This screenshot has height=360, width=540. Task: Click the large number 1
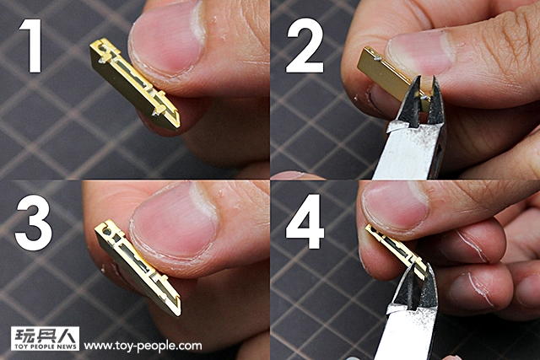pos(32,46)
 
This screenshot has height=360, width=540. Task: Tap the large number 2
pos(305,46)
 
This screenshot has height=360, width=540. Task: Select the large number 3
pos(34,223)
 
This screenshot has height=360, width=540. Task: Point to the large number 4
pos(305,221)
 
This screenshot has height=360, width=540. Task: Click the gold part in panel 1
pos(134,84)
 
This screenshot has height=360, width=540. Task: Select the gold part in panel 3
pos(138,266)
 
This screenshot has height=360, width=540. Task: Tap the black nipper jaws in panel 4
pos(415,287)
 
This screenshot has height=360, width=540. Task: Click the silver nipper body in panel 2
pos(408,153)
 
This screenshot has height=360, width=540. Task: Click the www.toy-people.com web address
pos(143,345)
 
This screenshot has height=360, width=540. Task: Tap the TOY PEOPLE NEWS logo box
pos(45,338)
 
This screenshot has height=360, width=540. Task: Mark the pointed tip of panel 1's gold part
pos(178,128)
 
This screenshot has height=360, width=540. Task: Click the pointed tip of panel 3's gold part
pos(179,314)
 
